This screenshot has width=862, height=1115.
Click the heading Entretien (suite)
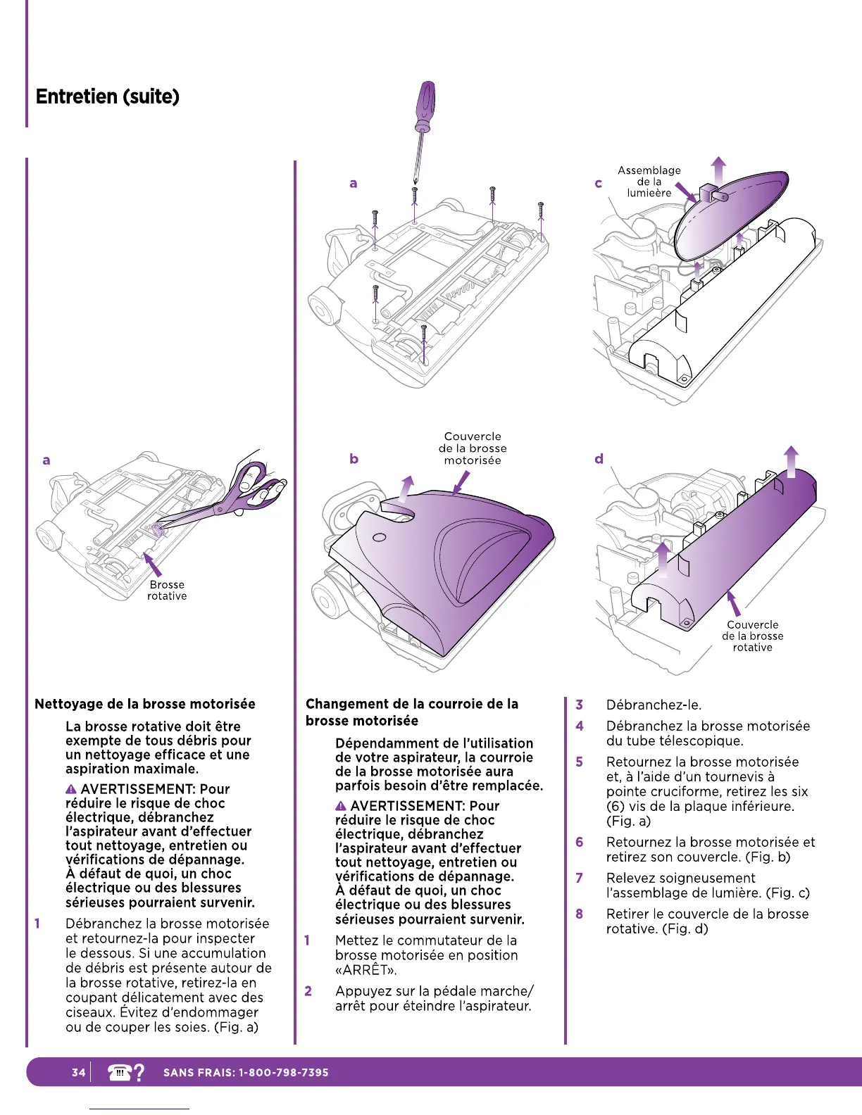tap(108, 96)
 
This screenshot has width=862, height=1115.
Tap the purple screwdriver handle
tap(425, 104)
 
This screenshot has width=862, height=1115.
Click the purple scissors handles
tap(261, 483)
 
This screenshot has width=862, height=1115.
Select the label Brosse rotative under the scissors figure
tap(167, 590)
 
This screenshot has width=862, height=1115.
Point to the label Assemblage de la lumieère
tap(649, 182)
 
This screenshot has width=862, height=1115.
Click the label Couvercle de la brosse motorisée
tap(473, 448)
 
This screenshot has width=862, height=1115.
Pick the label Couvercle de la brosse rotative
tap(752, 636)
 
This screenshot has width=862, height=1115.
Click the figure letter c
tap(599, 184)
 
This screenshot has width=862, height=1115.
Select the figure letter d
tap(599, 459)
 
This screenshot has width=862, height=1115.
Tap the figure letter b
tap(354, 459)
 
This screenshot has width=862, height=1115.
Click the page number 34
tap(78, 1072)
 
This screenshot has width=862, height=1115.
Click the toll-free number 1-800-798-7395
tap(284, 1073)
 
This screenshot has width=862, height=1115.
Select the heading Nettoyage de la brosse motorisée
tap(145, 704)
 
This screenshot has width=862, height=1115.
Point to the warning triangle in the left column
tap(71, 790)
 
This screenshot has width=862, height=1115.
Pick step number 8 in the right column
tap(580, 914)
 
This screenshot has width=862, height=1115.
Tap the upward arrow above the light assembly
tap(718, 169)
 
